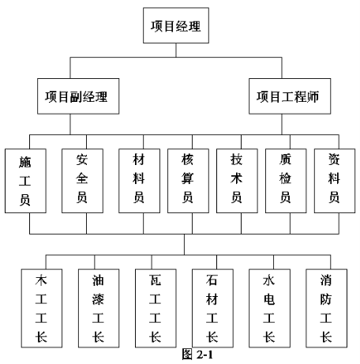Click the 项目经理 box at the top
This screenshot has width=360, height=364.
click(176, 25)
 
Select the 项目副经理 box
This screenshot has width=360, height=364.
click(78, 96)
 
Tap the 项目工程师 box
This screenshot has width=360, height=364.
click(290, 96)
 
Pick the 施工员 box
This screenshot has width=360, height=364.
click(25, 181)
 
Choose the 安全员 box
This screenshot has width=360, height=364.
click(82, 181)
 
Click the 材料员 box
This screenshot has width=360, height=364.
click(139, 181)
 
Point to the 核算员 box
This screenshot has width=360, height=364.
click(188, 181)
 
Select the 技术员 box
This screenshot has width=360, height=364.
click(237, 181)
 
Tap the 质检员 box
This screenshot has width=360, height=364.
click(286, 181)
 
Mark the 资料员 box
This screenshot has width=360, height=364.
click(335, 181)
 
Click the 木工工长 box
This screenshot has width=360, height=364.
click(42, 308)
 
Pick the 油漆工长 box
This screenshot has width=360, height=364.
click(99, 308)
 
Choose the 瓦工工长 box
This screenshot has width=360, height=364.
click(156, 308)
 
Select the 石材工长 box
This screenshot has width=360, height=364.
click(212, 308)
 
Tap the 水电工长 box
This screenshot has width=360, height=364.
click(269, 308)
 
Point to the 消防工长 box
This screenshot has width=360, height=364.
click(326, 308)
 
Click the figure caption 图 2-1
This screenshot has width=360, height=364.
click(197, 355)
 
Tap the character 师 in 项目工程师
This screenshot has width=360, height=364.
click(313, 96)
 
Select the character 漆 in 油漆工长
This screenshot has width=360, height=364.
click(98, 299)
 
